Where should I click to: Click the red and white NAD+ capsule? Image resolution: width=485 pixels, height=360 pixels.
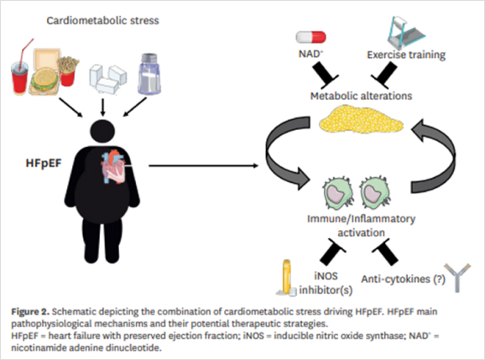click(x=310, y=37)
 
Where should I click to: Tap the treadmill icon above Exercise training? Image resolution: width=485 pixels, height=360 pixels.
click(x=406, y=33)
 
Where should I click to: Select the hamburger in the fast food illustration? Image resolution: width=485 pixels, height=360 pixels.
click(x=44, y=79)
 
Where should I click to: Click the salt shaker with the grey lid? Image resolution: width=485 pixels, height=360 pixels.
click(x=149, y=74)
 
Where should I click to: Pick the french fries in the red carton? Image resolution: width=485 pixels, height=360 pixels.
click(x=68, y=71)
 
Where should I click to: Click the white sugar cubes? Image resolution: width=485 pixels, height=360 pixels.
click(x=107, y=79)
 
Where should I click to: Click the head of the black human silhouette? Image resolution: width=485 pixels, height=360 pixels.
click(x=102, y=132)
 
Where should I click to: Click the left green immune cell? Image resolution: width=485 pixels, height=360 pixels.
click(x=339, y=193)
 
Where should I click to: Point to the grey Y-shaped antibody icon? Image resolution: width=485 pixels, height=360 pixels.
click(x=457, y=278)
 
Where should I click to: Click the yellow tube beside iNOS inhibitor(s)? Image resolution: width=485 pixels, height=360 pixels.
click(x=287, y=277)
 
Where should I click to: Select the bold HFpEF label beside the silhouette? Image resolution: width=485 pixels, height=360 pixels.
click(x=44, y=163)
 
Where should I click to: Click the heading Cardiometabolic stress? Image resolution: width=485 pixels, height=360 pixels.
click(x=102, y=21)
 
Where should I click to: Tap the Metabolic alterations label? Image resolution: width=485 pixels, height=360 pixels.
click(x=362, y=96)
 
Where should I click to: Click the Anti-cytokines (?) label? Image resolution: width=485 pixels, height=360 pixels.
click(x=404, y=279)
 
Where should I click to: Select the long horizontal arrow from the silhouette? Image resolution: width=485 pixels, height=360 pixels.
click(x=203, y=166)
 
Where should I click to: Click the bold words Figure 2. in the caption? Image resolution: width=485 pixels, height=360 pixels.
click(x=30, y=311)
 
